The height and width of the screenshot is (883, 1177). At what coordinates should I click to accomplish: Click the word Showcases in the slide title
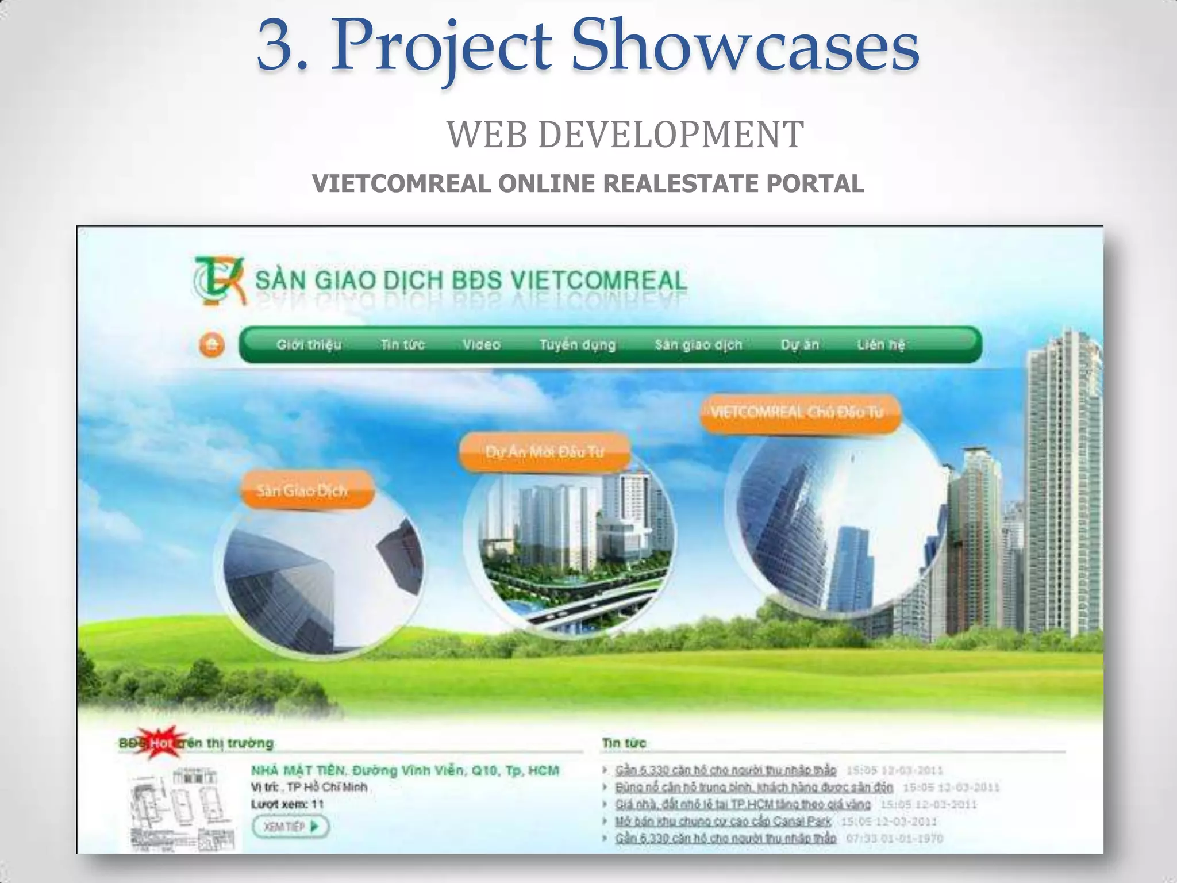[745, 46]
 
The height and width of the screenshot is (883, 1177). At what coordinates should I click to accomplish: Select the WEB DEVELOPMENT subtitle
[625, 135]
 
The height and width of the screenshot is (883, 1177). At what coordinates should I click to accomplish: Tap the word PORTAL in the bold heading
[814, 184]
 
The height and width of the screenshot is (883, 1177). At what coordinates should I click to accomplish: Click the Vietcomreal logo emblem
[219, 281]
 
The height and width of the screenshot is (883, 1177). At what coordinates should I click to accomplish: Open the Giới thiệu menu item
[309, 345]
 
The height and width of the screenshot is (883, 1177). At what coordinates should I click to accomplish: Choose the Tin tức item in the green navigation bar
[402, 345]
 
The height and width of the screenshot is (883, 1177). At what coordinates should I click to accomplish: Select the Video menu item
[481, 345]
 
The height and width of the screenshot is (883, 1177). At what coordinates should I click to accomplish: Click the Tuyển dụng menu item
[577, 345]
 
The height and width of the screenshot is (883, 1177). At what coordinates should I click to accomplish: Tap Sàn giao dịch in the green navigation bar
[698, 345]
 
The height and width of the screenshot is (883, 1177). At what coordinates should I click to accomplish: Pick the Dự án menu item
[799, 345]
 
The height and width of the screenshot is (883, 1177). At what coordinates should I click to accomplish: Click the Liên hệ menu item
[880, 345]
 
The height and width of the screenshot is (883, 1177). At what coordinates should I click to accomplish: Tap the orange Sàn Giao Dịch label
[302, 491]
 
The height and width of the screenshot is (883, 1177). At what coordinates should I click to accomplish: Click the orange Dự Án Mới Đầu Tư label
[544, 452]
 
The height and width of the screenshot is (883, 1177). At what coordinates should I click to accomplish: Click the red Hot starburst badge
[161, 743]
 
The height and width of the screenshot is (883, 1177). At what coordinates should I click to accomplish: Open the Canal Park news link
[723, 821]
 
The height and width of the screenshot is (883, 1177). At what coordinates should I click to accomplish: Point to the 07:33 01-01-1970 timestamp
[894, 839]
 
